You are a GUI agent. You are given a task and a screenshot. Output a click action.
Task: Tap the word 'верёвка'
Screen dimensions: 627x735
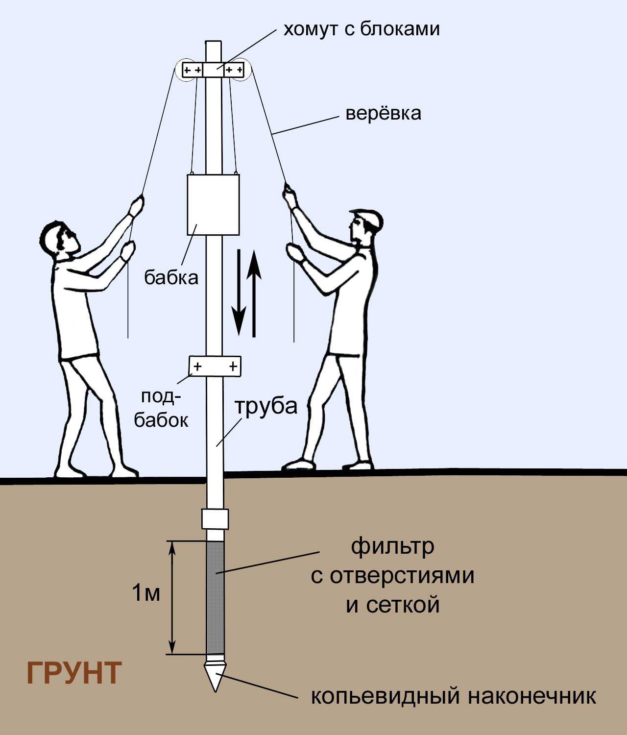coord(383,113)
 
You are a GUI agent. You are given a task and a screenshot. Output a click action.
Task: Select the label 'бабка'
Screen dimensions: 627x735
coord(171,277)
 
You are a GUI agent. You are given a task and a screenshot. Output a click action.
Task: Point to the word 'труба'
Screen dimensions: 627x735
coord(266,406)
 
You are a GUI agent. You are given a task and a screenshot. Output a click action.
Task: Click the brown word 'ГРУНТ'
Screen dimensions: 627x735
coord(74,673)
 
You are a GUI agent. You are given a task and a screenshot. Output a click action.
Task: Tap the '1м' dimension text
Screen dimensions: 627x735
coord(146,593)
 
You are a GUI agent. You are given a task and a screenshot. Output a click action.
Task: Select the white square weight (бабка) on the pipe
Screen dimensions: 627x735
coord(213,204)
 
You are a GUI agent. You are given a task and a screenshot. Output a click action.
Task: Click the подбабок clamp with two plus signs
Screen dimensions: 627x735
coord(215,366)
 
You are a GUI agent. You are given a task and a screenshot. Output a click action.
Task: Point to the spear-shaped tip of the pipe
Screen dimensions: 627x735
coord(215,677)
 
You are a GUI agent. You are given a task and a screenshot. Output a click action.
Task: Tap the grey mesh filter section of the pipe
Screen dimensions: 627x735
coord(215,597)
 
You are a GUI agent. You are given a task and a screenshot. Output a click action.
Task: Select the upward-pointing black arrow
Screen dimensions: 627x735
coord(254,294)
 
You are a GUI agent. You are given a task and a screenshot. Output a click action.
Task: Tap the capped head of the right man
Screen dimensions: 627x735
coord(365,227)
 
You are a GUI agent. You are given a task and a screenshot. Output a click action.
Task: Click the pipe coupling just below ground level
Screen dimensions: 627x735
coord(215,519)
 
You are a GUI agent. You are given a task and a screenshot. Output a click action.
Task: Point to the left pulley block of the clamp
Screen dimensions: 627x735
coord(192,70)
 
